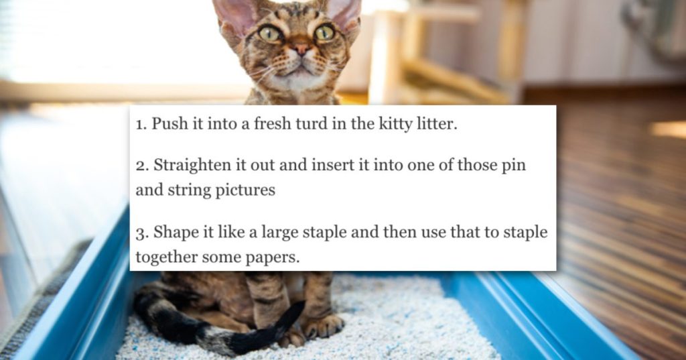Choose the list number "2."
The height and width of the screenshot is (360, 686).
pos(142,166)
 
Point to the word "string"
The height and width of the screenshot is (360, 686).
pos(188,191)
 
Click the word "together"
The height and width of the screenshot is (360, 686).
pos(167,257)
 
